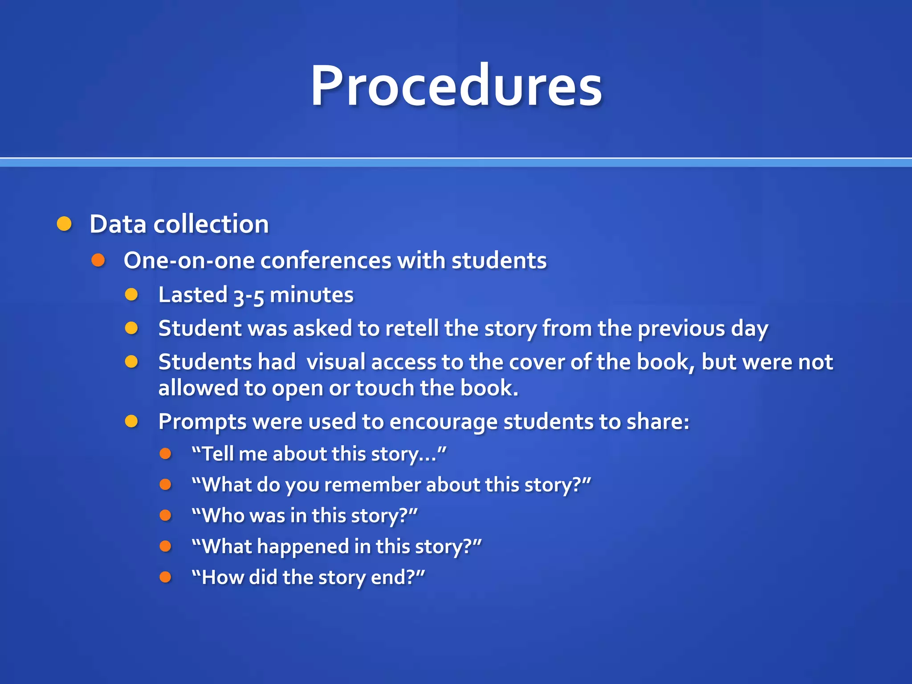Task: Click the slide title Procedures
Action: coord(456,85)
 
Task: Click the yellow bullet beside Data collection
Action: coord(65,224)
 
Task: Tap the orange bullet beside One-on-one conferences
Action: coord(98,261)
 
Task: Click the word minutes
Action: coord(312,295)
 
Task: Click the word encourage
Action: coord(444,422)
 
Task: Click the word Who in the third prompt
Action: coord(223,516)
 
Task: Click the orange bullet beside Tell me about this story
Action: coord(165,454)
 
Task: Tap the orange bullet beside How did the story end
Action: coord(165,577)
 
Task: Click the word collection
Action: coord(211,224)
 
